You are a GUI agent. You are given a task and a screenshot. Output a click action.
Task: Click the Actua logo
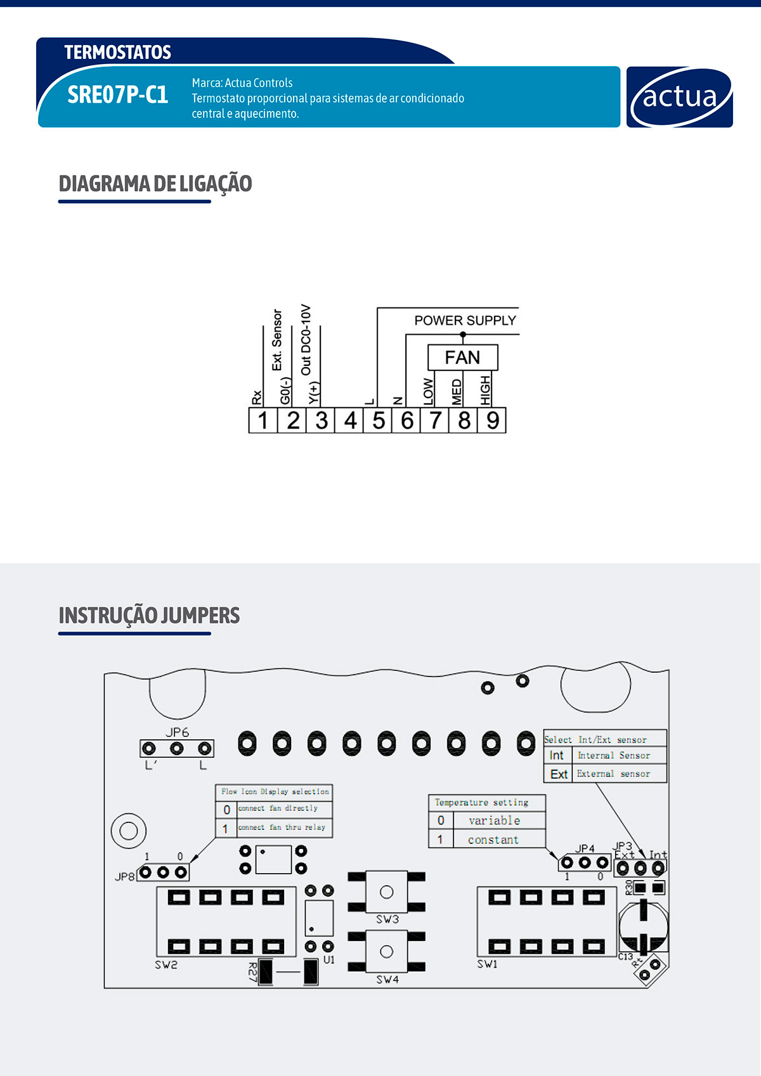(x=679, y=97)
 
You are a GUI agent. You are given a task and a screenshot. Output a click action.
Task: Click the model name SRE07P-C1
(x=118, y=95)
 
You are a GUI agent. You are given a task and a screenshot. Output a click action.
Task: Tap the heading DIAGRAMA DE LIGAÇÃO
(x=155, y=184)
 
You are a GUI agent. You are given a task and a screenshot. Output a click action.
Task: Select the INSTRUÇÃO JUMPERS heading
(x=149, y=616)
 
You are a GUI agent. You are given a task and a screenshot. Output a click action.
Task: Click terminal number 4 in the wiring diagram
(x=350, y=420)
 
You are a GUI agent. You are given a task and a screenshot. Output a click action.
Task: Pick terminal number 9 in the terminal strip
(x=493, y=420)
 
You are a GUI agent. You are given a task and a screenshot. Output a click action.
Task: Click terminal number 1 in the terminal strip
(x=263, y=420)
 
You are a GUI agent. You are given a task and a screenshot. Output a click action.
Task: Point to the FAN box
(x=462, y=358)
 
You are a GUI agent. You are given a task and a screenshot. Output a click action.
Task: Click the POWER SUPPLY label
(x=465, y=321)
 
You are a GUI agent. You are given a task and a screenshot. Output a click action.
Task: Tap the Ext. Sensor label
(x=277, y=340)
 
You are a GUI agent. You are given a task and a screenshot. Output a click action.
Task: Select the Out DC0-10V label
(x=306, y=340)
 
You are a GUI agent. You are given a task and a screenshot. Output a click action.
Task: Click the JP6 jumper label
(x=177, y=732)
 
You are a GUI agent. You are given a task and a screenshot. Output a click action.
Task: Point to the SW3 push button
(x=386, y=892)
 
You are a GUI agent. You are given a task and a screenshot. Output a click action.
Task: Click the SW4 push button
(x=386, y=952)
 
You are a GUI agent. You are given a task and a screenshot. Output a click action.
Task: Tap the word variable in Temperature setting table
(x=494, y=820)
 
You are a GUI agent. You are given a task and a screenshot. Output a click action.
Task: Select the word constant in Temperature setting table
(x=493, y=839)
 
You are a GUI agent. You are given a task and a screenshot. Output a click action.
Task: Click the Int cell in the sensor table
(x=557, y=756)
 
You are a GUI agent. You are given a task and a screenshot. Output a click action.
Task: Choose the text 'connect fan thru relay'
(x=282, y=827)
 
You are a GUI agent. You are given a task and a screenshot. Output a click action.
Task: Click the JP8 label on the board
(x=124, y=877)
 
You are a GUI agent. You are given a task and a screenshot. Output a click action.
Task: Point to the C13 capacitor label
(x=625, y=957)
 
